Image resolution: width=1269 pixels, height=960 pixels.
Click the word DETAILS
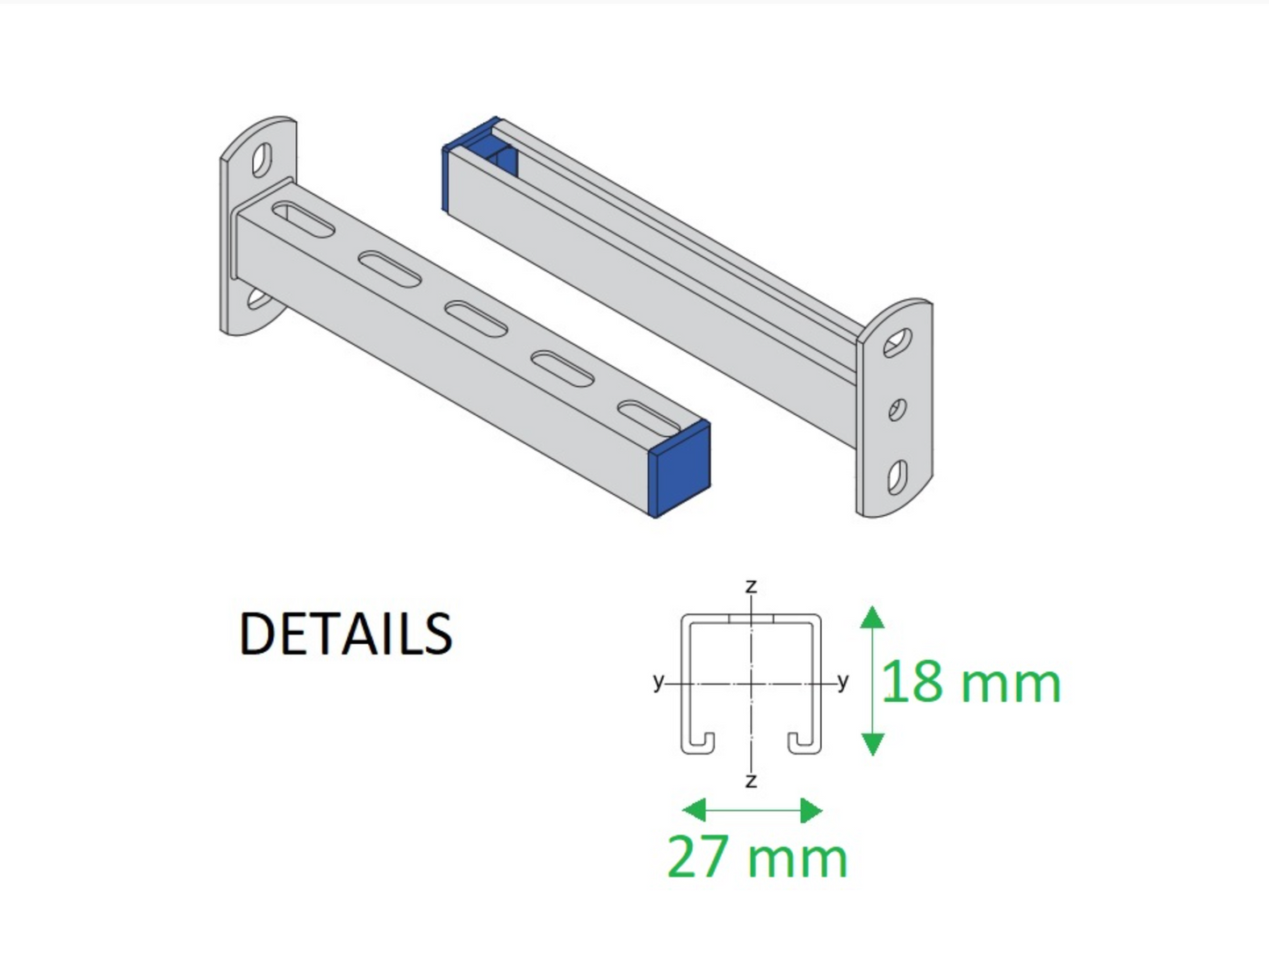click(345, 634)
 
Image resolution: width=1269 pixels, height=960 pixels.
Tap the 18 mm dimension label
click(970, 682)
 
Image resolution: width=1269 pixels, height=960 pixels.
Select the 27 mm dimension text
click(757, 856)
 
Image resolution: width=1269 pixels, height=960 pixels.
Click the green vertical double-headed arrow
click(872, 680)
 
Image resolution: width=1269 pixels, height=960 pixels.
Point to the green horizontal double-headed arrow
click(753, 810)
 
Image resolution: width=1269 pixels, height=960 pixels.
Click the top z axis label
click(751, 586)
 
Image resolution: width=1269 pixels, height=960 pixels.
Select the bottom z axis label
click(751, 780)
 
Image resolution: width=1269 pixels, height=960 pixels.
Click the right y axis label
click(843, 681)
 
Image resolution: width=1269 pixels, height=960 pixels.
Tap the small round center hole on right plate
click(897, 409)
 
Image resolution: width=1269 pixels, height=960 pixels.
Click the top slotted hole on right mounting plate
click(898, 343)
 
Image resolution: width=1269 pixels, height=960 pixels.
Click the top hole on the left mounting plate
click(262, 161)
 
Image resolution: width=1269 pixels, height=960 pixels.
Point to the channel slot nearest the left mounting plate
click(304, 220)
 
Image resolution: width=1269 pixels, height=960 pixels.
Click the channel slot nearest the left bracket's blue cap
click(649, 418)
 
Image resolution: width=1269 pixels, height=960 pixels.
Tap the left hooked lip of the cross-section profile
click(698, 741)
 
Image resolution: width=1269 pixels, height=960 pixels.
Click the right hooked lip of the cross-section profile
click(804, 741)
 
